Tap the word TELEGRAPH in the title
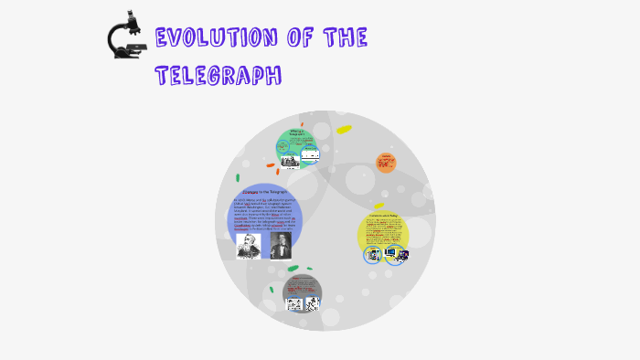click(x=219, y=75)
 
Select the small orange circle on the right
click(x=386, y=163)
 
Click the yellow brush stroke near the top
click(x=344, y=130)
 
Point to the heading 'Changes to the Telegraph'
click(x=264, y=192)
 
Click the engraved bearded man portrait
click(x=248, y=245)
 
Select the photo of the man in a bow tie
click(x=280, y=245)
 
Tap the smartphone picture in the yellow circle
click(x=372, y=254)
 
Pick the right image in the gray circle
click(x=312, y=303)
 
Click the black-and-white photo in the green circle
click(x=290, y=161)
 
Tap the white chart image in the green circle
click(x=311, y=155)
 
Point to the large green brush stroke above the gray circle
click(x=293, y=269)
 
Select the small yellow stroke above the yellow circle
click(x=379, y=206)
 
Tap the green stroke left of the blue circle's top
click(x=238, y=177)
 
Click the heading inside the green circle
click(x=296, y=134)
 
